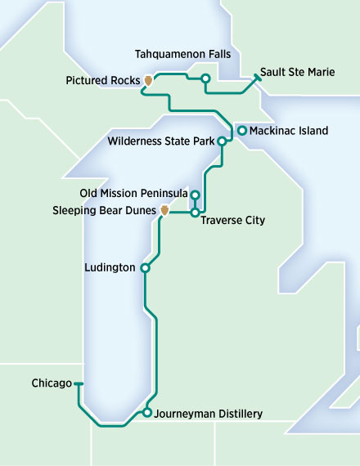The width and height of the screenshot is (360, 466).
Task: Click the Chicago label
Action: pyautogui.click(x=51, y=383)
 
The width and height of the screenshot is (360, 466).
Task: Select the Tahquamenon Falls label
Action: pyautogui.click(x=183, y=54)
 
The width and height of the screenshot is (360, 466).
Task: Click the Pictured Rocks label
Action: pyautogui.click(x=102, y=81)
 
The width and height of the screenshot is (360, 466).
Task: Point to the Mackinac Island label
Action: pyautogui.click(x=289, y=131)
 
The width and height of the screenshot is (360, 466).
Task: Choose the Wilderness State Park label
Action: pyautogui.click(x=161, y=141)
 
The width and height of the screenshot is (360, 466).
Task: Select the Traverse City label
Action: pyautogui.click(x=232, y=221)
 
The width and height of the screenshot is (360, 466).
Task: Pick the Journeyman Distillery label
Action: pyautogui.click(x=208, y=414)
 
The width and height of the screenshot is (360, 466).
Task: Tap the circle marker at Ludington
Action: pyautogui.click(x=145, y=268)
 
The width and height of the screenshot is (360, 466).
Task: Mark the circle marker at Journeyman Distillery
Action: pyautogui.click(x=146, y=413)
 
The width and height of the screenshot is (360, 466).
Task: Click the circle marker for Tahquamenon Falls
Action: pyautogui.click(x=205, y=78)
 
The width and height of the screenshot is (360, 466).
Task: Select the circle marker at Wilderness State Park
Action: pyautogui.click(x=221, y=141)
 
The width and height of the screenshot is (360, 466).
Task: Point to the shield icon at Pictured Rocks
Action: pyautogui.click(x=148, y=81)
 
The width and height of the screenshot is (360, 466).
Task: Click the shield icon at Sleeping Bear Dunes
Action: pyautogui.click(x=164, y=211)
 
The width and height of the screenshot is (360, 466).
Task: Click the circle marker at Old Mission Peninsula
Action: pyautogui.click(x=195, y=195)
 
